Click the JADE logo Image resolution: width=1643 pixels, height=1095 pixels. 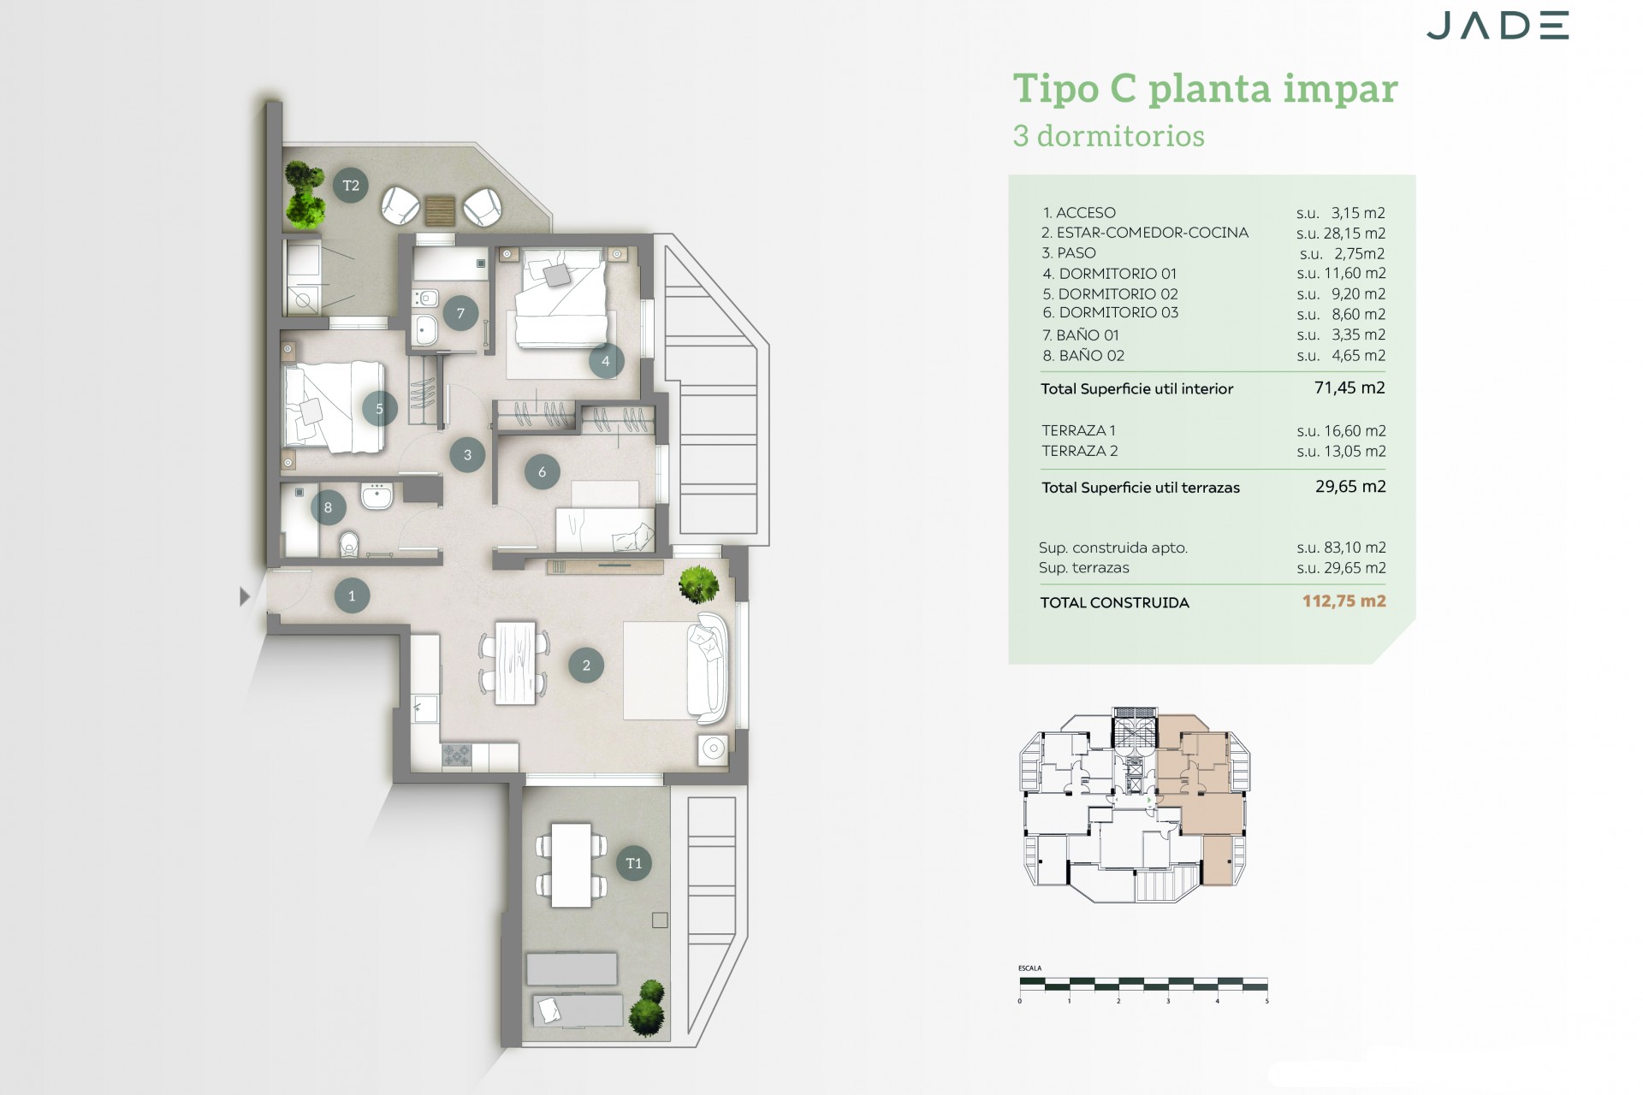click(1497, 26)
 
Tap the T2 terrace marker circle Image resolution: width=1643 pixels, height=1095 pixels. click(351, 186)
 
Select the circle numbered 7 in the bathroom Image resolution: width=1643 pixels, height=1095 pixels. click(460, 313)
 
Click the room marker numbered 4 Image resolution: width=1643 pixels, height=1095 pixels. click(606, 361)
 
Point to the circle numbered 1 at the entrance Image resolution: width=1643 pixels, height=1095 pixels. click(352, 596)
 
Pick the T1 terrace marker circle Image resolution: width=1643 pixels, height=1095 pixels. click(634, 863)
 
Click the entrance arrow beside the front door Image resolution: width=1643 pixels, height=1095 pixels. click(245, 596)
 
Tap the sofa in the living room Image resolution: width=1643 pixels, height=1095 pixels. click(709, 667)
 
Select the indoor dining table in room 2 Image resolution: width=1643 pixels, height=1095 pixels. click(515, 664)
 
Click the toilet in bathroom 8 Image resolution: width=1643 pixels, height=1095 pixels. click(348, 544)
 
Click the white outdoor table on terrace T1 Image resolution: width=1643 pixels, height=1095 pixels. click(571, 864)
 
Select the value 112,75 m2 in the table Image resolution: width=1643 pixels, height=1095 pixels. click(1343, 601)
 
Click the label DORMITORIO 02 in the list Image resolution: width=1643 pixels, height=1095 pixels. click(1110, 293)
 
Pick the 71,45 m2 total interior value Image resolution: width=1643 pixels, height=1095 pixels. click(1349, 388)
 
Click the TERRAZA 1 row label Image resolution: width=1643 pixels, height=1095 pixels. click(1078, 430)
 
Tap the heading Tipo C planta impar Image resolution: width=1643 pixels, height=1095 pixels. click(1205, 89)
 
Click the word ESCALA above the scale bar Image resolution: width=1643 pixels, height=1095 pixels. click(1029, 968)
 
